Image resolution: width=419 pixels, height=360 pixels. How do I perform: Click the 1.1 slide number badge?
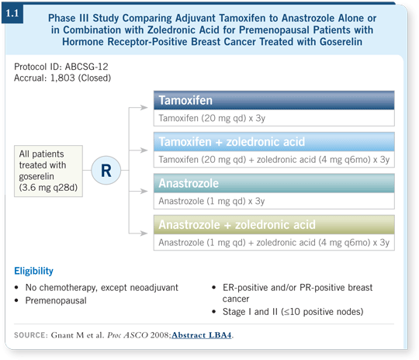[12, 13]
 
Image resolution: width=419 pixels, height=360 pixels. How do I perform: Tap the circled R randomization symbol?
[106, 170]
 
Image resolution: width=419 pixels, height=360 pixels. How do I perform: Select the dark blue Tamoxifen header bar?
[274, 100]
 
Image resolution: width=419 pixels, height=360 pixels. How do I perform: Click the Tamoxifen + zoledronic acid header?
[274, 142]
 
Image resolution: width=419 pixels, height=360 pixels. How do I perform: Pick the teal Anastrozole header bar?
[274, 183]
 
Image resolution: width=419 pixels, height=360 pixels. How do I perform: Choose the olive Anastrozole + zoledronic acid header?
[274, 224]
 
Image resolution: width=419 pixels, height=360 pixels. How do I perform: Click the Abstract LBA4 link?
[202, 335]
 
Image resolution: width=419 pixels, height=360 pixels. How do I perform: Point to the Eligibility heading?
[33, 271]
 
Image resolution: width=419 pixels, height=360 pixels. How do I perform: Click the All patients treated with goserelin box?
[48, 171]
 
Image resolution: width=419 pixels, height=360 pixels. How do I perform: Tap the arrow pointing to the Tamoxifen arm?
[138, 107]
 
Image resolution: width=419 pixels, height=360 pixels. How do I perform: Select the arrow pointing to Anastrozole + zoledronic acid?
[138, 234]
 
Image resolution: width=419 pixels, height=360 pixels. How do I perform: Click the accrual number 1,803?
[63, 78]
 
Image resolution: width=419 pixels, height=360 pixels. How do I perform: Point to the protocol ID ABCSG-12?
[87, 67]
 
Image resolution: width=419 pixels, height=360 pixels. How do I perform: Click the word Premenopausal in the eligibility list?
[56, 301]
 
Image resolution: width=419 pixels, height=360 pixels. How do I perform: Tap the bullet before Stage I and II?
[214, 312]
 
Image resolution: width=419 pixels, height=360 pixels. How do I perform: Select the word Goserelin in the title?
[341, 42]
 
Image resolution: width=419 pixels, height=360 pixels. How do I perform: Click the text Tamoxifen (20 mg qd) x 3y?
[212, 118]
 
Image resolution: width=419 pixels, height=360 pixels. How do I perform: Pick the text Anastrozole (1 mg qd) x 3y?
[212, 201]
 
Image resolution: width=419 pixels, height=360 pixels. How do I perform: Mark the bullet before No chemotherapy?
[16, 288]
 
